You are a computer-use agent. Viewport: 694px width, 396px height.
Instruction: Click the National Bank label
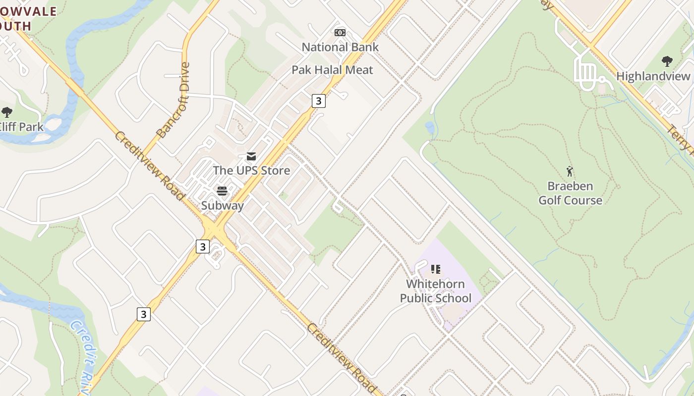(340, 47)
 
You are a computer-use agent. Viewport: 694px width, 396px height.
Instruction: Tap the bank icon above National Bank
(340, 32)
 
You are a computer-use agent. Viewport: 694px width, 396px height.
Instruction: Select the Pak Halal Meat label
(332, 70)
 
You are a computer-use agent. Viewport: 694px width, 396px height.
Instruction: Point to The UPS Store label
(251, 170)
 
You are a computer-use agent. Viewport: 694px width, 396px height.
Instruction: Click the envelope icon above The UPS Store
(251, 156)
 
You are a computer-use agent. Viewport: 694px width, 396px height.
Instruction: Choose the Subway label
(223, 205)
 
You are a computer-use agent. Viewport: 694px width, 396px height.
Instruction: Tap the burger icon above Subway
(222, 191)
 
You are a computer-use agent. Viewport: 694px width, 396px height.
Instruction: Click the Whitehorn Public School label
(436, 291)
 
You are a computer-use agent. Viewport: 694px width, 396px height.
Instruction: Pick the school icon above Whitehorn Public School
(435, 269)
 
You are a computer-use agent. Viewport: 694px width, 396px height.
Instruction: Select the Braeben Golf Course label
(570, 193)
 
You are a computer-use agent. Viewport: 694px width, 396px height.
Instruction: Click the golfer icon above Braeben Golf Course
(570, 171)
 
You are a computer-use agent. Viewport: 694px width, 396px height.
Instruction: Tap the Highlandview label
(653, 76)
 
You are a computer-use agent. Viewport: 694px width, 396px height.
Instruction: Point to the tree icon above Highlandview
(667, 61)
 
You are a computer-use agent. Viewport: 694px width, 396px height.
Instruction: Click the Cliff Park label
(22, 127)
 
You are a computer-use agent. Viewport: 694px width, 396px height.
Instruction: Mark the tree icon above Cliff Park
(7, 112)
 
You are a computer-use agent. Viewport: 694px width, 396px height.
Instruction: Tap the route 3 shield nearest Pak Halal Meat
(318, 101)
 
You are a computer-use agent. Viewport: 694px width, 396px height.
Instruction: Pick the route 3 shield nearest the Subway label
(202, 247)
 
